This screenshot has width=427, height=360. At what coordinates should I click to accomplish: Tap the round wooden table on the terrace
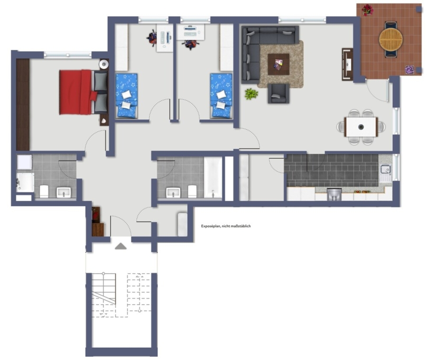(391, 39)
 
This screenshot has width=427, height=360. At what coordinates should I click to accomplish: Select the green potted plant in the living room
(251, 94)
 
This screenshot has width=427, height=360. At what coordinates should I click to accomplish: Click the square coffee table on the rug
(278, 64)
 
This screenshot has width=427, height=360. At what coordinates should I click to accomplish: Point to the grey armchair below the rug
(278, 94)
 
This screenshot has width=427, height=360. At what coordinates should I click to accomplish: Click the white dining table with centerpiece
(361, 127)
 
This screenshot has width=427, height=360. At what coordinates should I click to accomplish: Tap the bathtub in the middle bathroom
(213, 177)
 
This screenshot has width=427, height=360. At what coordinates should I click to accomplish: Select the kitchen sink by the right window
(385, 173)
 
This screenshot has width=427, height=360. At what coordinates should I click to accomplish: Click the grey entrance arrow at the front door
(121, 246)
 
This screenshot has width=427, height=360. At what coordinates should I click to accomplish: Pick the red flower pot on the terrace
(368, 10)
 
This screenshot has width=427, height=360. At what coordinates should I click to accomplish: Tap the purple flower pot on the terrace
(409, 70)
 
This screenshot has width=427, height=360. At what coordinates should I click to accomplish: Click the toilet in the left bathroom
(44, 191)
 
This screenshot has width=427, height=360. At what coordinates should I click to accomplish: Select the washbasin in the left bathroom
(64, 192)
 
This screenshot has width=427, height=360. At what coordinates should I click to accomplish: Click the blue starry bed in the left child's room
(126, 96)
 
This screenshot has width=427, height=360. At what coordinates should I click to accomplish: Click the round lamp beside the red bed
(104, 64)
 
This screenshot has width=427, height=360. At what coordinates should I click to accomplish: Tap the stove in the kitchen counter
(334, 194)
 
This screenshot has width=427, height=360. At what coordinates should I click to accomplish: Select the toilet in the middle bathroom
(192, 191)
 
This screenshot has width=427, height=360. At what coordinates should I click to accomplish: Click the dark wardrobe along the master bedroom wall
(23, 104)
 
